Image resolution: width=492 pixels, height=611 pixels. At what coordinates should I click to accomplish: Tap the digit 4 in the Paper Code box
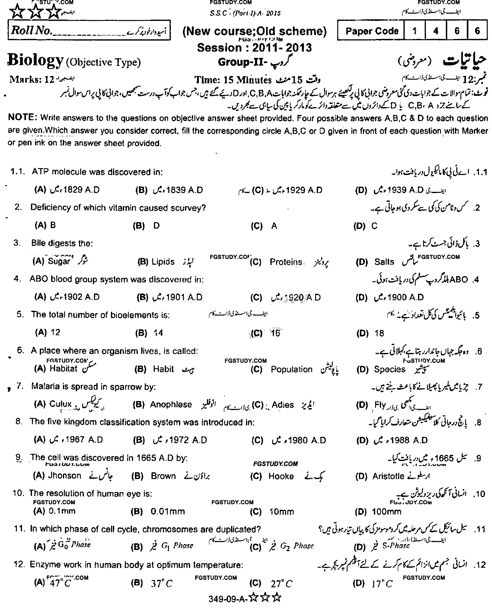pos(436,31)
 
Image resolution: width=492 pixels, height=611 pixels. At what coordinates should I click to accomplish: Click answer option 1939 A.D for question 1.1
pos(399,190)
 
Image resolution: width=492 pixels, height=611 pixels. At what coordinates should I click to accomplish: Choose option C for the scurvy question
pos(374,226)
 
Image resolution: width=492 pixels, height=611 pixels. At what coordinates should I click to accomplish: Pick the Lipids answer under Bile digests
pos(163,262)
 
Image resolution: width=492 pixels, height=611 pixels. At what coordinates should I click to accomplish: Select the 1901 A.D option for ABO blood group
pos(184,297)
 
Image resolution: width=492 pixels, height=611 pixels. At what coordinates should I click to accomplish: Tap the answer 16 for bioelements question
pos(275,333)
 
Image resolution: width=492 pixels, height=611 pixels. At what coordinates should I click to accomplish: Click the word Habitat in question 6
pos(63,369)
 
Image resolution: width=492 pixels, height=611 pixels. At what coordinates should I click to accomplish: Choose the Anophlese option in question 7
pos(171,405)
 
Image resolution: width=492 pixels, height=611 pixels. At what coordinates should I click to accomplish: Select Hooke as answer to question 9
pos(281,476)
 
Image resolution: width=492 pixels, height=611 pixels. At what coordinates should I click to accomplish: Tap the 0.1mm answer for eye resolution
pos(61,511)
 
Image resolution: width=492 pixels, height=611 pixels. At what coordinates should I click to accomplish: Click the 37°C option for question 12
pos(162,584)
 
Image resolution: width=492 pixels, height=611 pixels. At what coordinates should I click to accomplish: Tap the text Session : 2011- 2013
pos(254,48)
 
